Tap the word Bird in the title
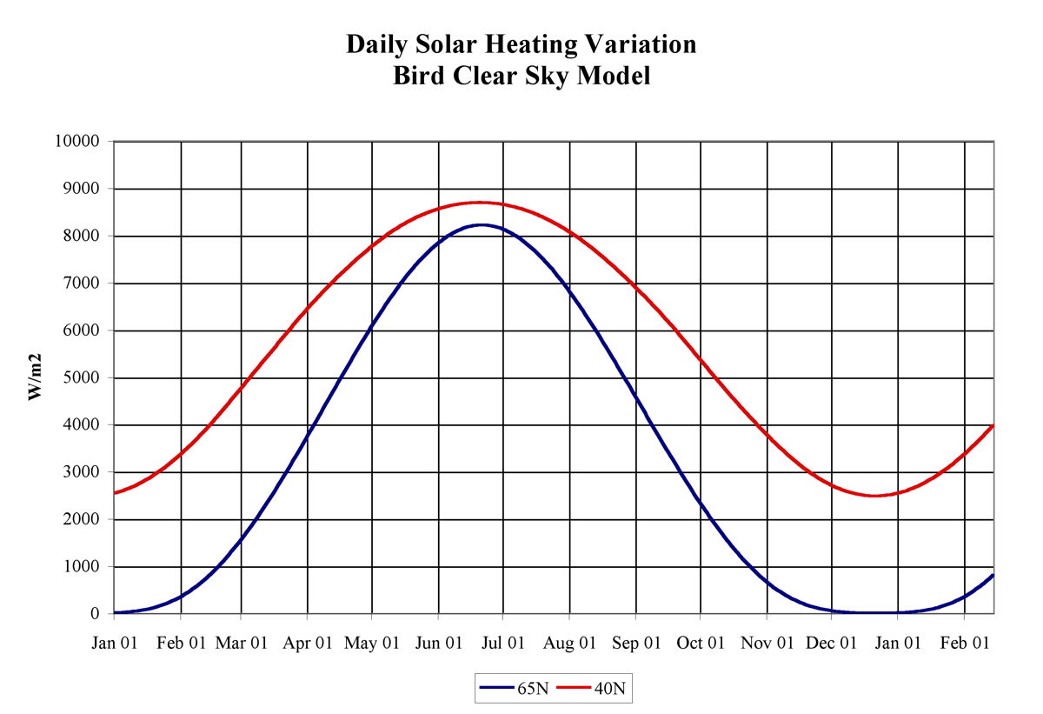point(420,76)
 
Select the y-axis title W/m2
point(36,377)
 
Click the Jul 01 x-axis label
point(504,644)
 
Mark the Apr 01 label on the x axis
point(308,644)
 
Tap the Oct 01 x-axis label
point(701,644)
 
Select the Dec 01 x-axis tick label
point(832,644)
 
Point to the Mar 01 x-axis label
point(242,644)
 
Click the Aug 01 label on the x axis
point(570,644)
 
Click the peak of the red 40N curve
point(479,203)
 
